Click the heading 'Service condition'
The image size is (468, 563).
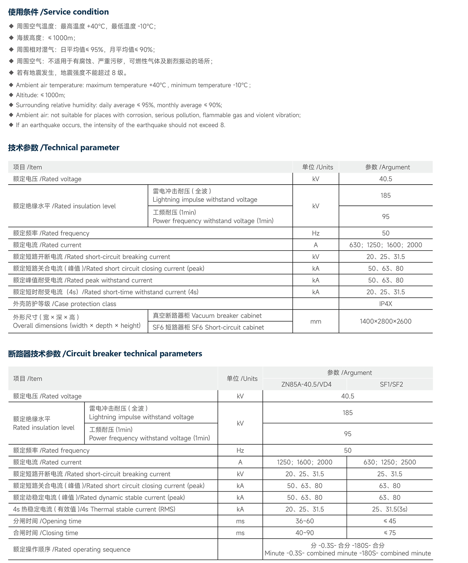coord(58,12)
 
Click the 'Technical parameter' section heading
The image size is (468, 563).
coord(64,147)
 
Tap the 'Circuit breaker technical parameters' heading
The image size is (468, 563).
coord(105,354)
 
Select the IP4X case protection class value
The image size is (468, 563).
coord(386,304)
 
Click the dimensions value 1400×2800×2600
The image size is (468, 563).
coord(386,321)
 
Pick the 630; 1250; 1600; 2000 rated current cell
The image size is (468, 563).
coord(386,245)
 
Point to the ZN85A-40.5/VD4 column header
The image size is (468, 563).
coord(306,384)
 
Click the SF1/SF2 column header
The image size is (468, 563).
coord(391,384)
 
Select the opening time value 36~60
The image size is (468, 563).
coord(305,521)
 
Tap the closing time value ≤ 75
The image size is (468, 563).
coord(390,533)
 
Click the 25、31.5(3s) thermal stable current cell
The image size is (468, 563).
coord(390,509)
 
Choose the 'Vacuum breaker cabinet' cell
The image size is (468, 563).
coord(207,315)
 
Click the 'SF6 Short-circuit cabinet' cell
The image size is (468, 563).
coord(208,327)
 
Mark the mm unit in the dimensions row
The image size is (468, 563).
coord(316,321)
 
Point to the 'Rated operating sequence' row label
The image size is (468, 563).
coord(72,549)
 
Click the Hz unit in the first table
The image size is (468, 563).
coord(316,233)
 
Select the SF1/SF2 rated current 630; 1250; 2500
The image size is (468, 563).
coord(390,462)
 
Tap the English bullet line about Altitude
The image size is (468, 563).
coord(41,95)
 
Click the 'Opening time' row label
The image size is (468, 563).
coord(47,521)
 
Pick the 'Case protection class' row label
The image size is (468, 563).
coord(65,304)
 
